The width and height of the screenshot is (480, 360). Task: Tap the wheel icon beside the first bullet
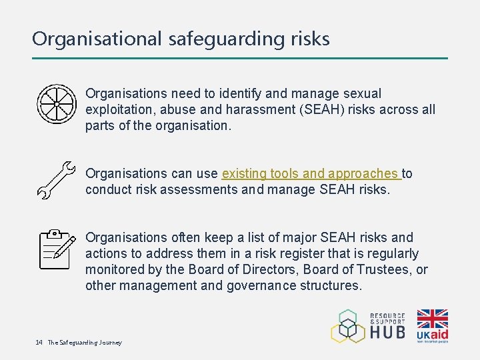56,104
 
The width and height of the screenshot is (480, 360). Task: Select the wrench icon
56,180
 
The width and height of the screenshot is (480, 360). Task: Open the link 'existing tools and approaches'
310,173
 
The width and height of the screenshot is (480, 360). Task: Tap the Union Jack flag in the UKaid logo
432,318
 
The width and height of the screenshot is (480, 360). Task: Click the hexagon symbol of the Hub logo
348,326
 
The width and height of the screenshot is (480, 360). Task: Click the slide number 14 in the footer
39,343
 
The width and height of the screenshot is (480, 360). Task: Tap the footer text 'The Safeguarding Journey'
85,343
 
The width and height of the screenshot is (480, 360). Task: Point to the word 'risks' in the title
310,39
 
